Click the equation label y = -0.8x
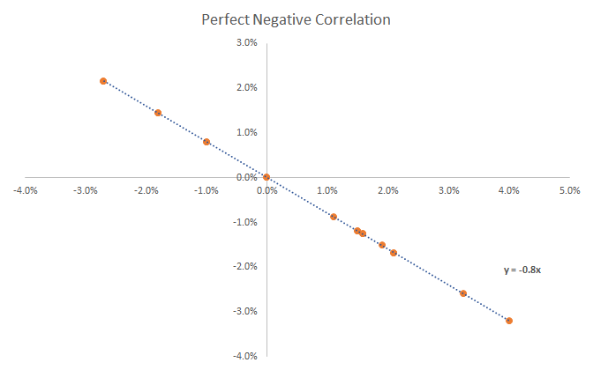pos(522,270)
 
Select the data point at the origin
pos(266,177)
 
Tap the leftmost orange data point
pos(103,81)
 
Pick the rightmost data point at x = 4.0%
pos(509,321)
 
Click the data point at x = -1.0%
pos(206,142)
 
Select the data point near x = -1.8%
pos(158,113)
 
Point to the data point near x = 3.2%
pos(463,293)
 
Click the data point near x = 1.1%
pos(334,217)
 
